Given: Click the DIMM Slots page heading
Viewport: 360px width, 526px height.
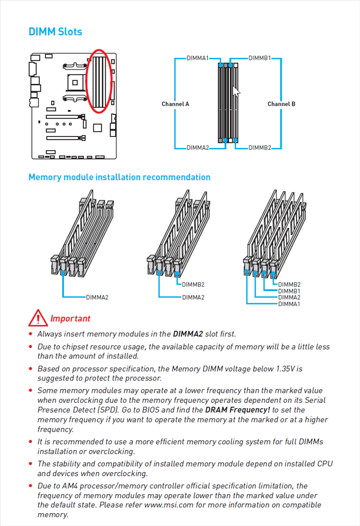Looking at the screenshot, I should [55, 32].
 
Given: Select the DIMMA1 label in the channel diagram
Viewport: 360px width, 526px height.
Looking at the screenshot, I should [197, 58].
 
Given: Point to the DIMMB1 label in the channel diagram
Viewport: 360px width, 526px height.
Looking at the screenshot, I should [260, 58].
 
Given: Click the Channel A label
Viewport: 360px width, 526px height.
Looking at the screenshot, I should [175, 104].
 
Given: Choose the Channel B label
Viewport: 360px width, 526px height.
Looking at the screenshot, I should [281, 104].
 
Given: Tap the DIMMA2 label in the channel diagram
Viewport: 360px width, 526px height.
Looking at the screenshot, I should [197, 148].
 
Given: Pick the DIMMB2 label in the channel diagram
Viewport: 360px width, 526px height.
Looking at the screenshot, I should [260, 148].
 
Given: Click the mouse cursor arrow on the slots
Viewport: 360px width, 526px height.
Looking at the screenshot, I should [236, 92].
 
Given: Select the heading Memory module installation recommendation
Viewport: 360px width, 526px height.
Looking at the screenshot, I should [119, 177].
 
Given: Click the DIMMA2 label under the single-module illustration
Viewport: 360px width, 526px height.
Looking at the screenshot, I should [97, 297].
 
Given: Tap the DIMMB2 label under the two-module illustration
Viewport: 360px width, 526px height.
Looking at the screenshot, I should [193, 285].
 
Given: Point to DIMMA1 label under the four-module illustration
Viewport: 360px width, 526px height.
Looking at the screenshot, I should [289, 304].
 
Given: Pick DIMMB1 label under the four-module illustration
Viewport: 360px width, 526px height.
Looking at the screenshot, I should [289, 291].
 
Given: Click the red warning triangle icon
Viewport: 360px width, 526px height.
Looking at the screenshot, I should [38, 318].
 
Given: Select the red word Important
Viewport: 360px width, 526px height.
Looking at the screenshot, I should [70, 319].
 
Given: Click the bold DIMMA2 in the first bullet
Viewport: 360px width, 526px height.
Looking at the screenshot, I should [188, 334].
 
